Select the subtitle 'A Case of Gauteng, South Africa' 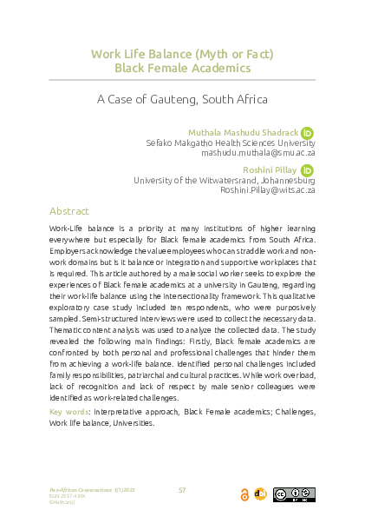click(x=182, y=98)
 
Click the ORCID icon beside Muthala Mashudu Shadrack click(x=307, y=131)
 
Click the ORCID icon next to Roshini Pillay click(x=307, y=169)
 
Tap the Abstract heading click(x=69, y=211)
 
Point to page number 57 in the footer click(x=182, y=491)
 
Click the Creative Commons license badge click(x=293, y=494)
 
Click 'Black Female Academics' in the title click(x=182, y=68)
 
